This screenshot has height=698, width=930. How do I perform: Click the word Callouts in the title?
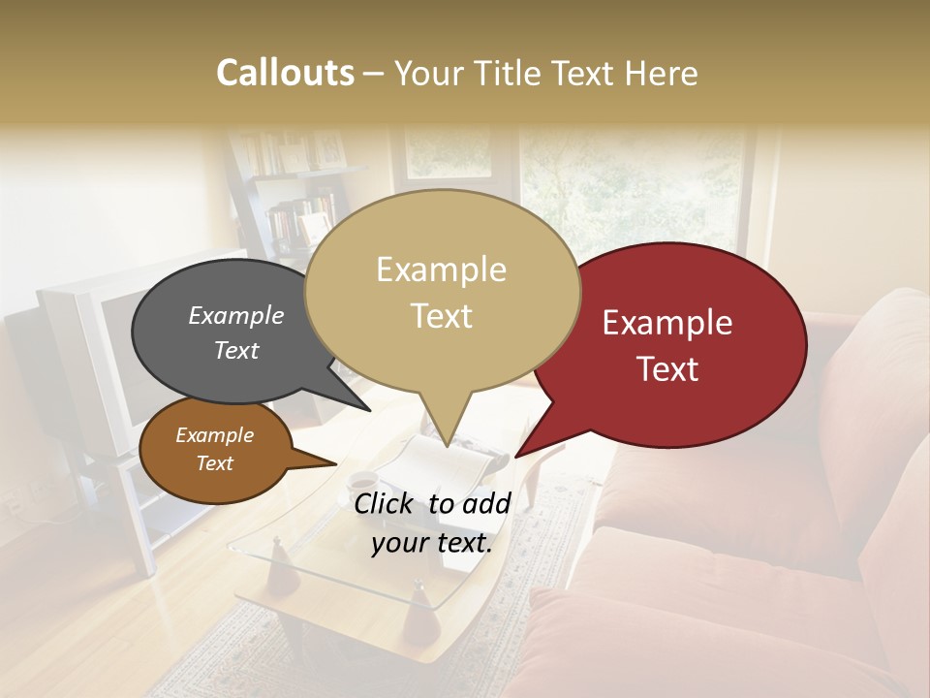(285, 73)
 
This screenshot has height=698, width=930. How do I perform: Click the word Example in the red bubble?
(667, 323)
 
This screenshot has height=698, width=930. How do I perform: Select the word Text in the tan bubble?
(442, 316)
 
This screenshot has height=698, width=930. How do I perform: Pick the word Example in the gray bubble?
(235, 315)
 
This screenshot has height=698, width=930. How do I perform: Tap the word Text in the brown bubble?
(214, 463)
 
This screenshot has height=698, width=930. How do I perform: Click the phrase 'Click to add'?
(432, 503)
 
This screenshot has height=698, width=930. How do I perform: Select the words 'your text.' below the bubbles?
(432, 543)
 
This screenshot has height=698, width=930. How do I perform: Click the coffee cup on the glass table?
(361, 481)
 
